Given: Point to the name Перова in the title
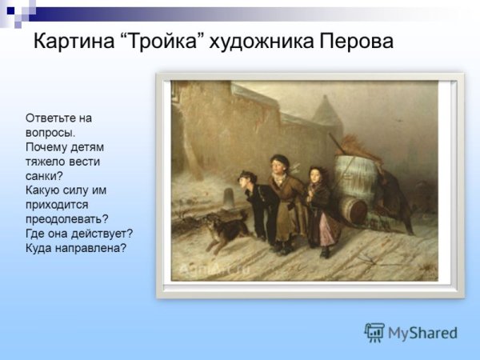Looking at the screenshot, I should click(355, 42).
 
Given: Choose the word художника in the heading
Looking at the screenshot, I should click(259, 42).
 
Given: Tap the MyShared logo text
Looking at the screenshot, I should click(422, 333).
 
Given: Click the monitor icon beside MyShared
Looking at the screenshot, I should click(374, 333).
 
